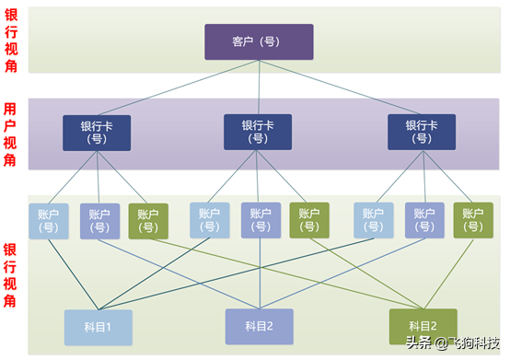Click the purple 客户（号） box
tap(259, 42)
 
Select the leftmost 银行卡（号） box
tap(97, 133)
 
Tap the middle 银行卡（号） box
tap(258, 133)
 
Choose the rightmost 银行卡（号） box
tap(421, 133)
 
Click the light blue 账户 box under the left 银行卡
tap(48, 221)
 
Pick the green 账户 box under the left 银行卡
tap(148, 221)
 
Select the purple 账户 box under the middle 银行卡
tap(261, 221)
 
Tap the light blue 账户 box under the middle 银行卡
tap(210, 221)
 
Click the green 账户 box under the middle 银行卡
tap(309, 221)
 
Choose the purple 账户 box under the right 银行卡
tap(424, 221)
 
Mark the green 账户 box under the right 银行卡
tap(473, 221)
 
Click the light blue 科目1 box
tap(99, 327)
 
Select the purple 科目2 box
tap(259, 327)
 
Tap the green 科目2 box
tap(423, 326)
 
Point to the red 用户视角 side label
tap(10, 134)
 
